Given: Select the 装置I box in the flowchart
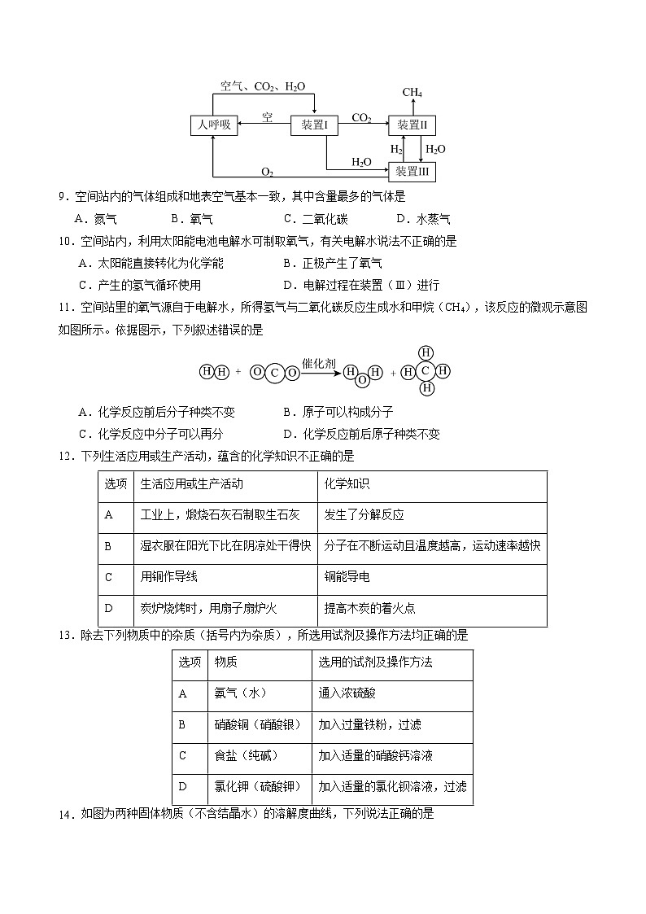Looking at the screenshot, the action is click(313, 125).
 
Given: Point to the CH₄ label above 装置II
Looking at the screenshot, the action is click(412, 93).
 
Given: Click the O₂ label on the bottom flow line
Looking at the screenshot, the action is click(267, 172).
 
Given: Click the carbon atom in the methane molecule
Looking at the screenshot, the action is click(425, 370).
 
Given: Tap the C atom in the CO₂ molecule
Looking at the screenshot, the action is click(275, 374).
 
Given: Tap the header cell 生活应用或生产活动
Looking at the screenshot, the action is click(192, 484).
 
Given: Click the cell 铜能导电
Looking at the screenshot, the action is click(347, 577).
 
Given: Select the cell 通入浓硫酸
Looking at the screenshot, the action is click(347, 693).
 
